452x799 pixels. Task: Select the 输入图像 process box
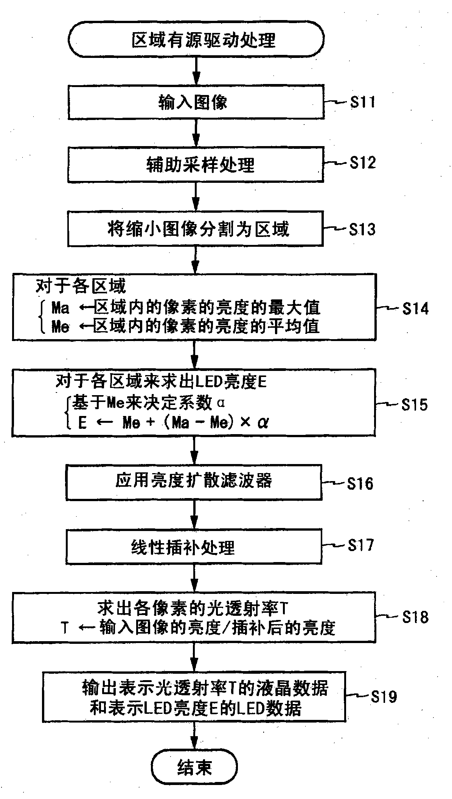pos(196,102)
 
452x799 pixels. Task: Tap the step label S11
pos(362,102)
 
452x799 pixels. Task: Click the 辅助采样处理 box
pos(196,165)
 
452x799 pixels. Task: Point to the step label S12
pos(362,163)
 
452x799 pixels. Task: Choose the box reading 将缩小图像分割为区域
pos(196,229)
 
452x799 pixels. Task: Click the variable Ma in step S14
pos(61,308)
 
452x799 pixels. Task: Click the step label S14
pos(415,308)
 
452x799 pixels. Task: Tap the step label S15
pos(415,405)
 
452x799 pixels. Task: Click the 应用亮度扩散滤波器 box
pos(194,481)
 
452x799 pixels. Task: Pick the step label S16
pos(360,483)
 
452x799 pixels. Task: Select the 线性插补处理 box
pos(194,547)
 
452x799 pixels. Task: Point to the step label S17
pos(361,545)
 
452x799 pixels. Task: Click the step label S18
pos(415,617)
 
